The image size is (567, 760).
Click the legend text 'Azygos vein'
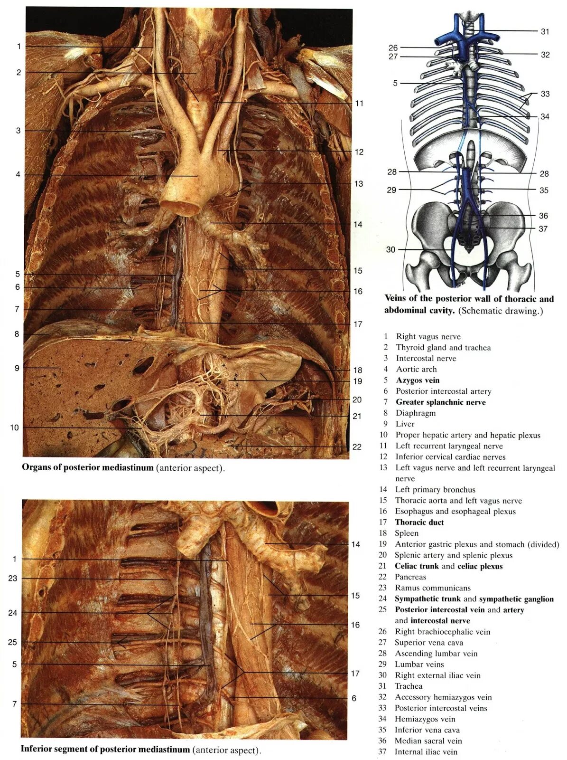point(418,380)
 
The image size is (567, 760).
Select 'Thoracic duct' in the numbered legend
point(419,522)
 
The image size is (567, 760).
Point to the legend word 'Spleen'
point(407,533)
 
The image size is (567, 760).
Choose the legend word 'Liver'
point(405,424)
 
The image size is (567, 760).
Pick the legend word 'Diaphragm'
point(416,413)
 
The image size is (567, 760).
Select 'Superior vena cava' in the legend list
point(429,642)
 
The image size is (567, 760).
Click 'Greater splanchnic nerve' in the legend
point(441,402)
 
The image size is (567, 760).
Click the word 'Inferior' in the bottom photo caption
point(37,750)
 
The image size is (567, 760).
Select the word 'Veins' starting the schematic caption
point(396,299)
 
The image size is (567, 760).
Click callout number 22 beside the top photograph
point(357,446)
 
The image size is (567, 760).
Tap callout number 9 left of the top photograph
point(17,368)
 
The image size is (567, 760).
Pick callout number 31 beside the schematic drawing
point(545,31)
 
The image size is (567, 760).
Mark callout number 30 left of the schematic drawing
point(390,249)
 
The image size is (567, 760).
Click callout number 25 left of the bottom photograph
point(12,642)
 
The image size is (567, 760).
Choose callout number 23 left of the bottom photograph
point(12,578)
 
